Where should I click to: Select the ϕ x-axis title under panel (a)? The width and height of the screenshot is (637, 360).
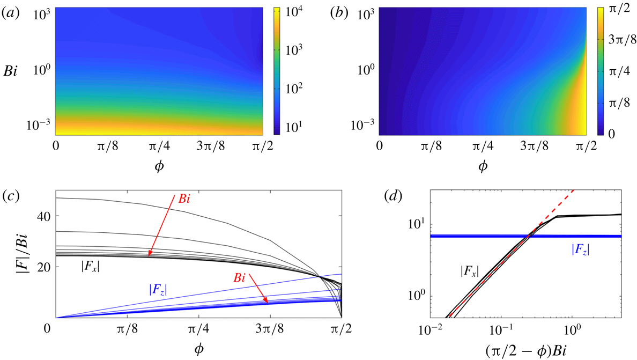159,165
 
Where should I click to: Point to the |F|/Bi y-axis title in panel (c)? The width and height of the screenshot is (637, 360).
19,254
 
